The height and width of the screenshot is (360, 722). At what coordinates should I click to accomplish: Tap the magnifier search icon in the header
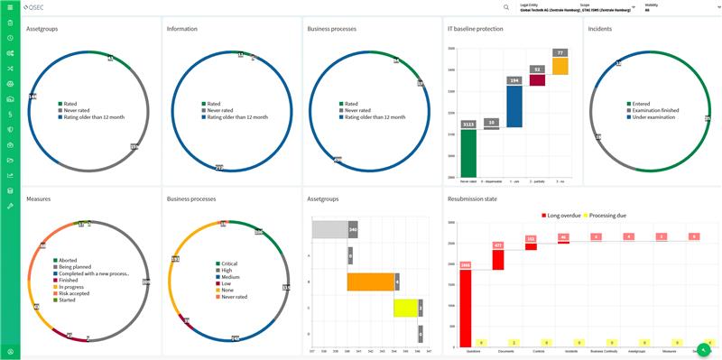506,7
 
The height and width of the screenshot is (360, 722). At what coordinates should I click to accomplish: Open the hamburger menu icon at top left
9,7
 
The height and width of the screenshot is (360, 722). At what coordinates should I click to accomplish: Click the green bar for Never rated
467,152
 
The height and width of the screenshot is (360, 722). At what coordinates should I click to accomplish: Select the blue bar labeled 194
514,106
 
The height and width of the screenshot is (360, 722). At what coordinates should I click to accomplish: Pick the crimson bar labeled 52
537,80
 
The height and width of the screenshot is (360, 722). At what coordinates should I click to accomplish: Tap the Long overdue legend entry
563,215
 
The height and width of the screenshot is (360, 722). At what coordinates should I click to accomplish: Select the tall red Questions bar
466,308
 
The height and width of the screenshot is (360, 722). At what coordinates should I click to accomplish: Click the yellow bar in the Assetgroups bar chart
405,308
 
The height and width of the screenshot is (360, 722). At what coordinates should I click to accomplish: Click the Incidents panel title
600,29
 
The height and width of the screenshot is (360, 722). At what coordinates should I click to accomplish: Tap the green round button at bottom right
703,349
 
